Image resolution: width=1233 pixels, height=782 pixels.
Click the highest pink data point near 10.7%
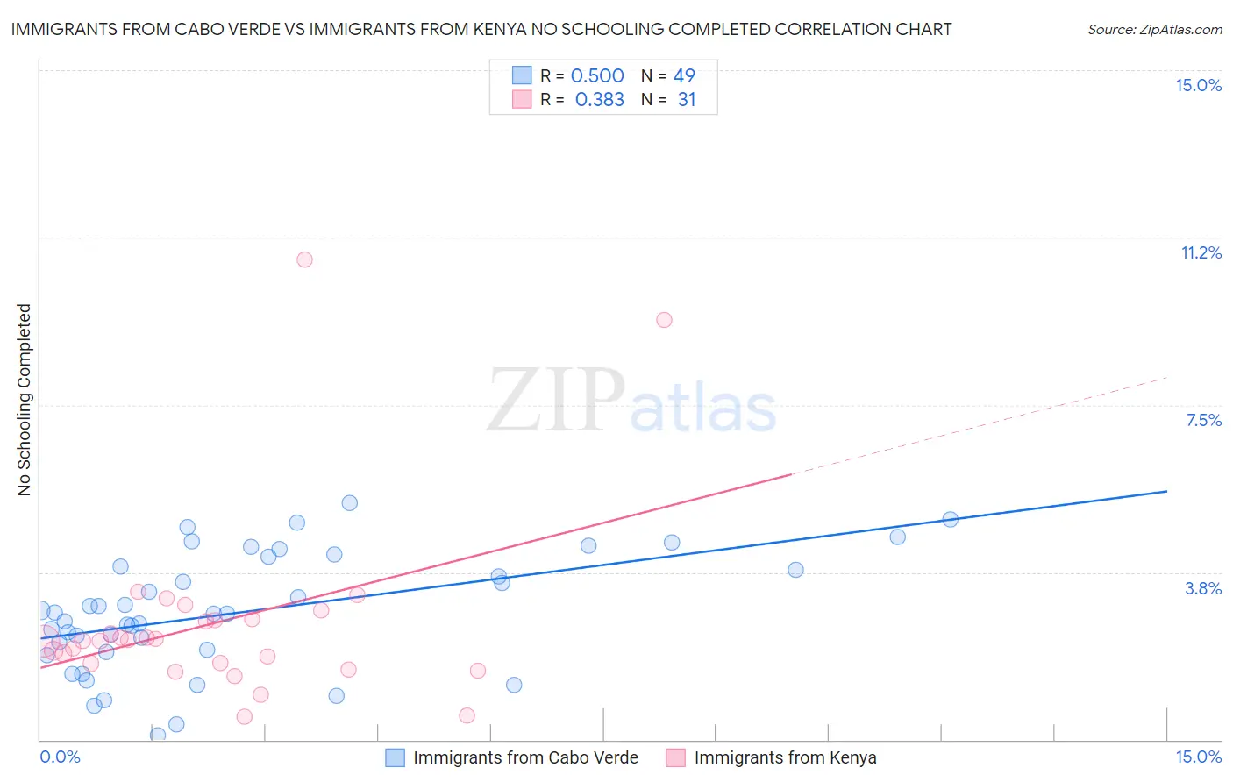click(304, 259)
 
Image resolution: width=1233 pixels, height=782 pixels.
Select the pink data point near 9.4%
click(664, 320)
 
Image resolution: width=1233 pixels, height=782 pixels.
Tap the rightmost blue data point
click(950, 519)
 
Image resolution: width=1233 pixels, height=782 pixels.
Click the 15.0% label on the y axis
click(1198, 85)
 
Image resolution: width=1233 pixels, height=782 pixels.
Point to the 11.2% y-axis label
click(1201, 252)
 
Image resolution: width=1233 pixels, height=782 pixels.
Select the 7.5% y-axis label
click(1203, 420)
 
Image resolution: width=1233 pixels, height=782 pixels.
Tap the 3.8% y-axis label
click(1203, 588)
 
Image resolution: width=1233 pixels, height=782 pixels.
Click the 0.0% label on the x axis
click(60, 757)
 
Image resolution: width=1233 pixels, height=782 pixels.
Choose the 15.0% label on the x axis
click(1198, 757)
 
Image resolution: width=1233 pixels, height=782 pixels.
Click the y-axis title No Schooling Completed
click(25, 400)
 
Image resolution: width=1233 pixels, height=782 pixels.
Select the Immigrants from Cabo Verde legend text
click(525, 757)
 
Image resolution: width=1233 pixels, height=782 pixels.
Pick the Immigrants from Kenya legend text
click(785, 757)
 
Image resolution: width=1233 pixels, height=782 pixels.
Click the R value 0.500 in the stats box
click(597, 76)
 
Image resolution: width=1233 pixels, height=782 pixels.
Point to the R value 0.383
click(599, 100)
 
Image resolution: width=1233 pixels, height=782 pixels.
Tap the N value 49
click(684, 76)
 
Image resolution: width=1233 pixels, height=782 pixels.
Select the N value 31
click(687, 100)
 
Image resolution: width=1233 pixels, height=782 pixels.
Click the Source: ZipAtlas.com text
click(1154, 30)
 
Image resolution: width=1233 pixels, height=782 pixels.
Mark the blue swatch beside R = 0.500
click(522, 75)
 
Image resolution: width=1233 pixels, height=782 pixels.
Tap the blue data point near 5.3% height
click(349, 503)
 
